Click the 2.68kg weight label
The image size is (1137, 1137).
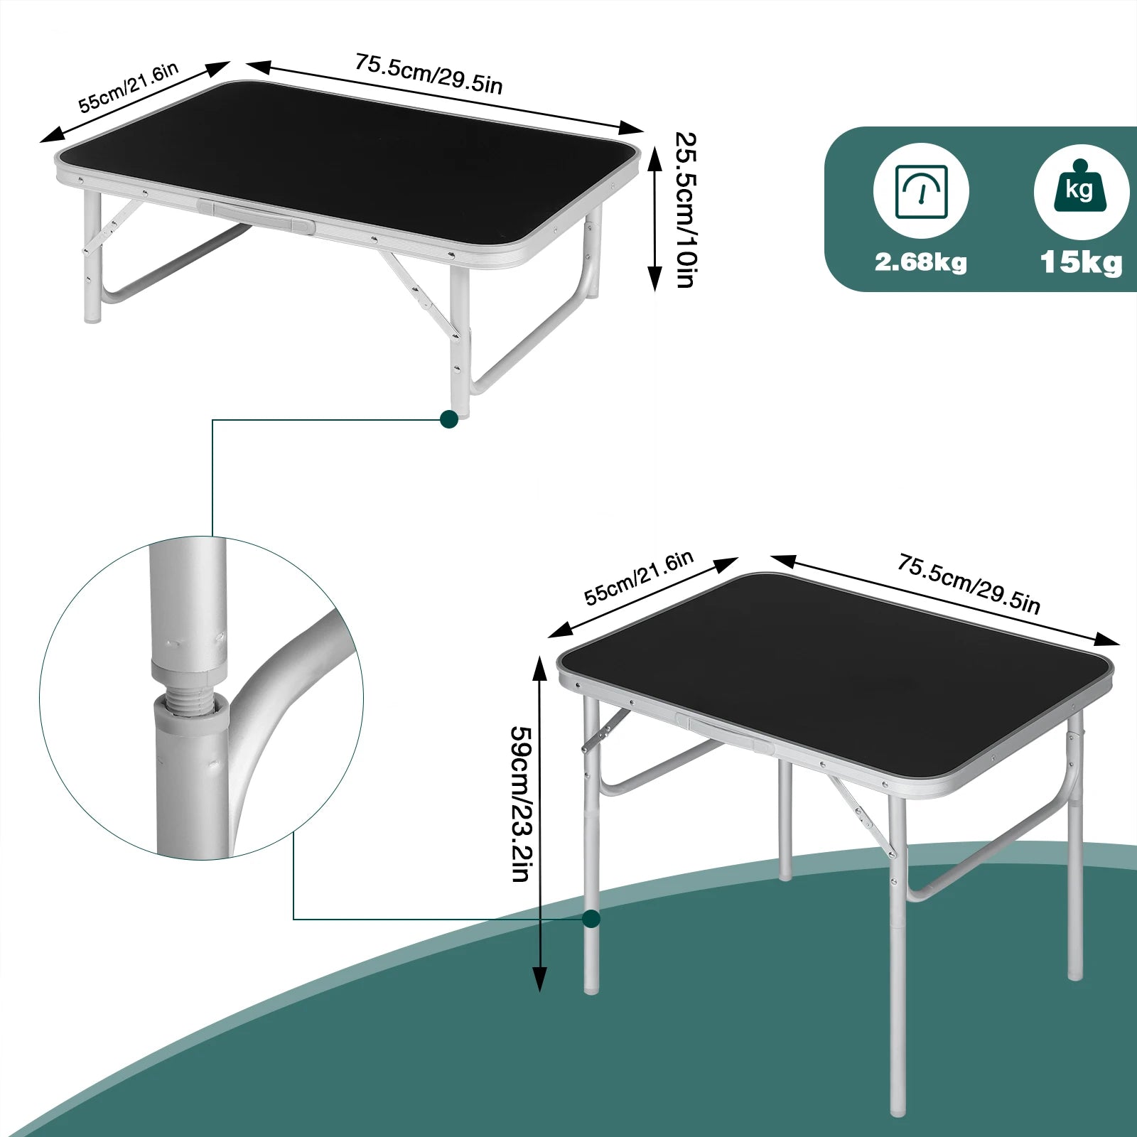pos(920,262)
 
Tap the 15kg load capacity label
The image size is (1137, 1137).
pos(1081,262)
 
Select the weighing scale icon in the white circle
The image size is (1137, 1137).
pos(921,191)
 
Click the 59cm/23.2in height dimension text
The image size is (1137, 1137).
pos(522,803)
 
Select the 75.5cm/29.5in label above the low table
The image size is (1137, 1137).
pos(429,74)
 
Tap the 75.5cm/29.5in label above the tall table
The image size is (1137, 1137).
pos(969,584)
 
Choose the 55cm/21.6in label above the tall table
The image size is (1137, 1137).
pos(638,578)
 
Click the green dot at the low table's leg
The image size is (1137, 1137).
pos(449,419)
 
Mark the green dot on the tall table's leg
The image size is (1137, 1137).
pos(591,919)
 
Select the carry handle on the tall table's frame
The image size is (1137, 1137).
pos(725,734)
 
